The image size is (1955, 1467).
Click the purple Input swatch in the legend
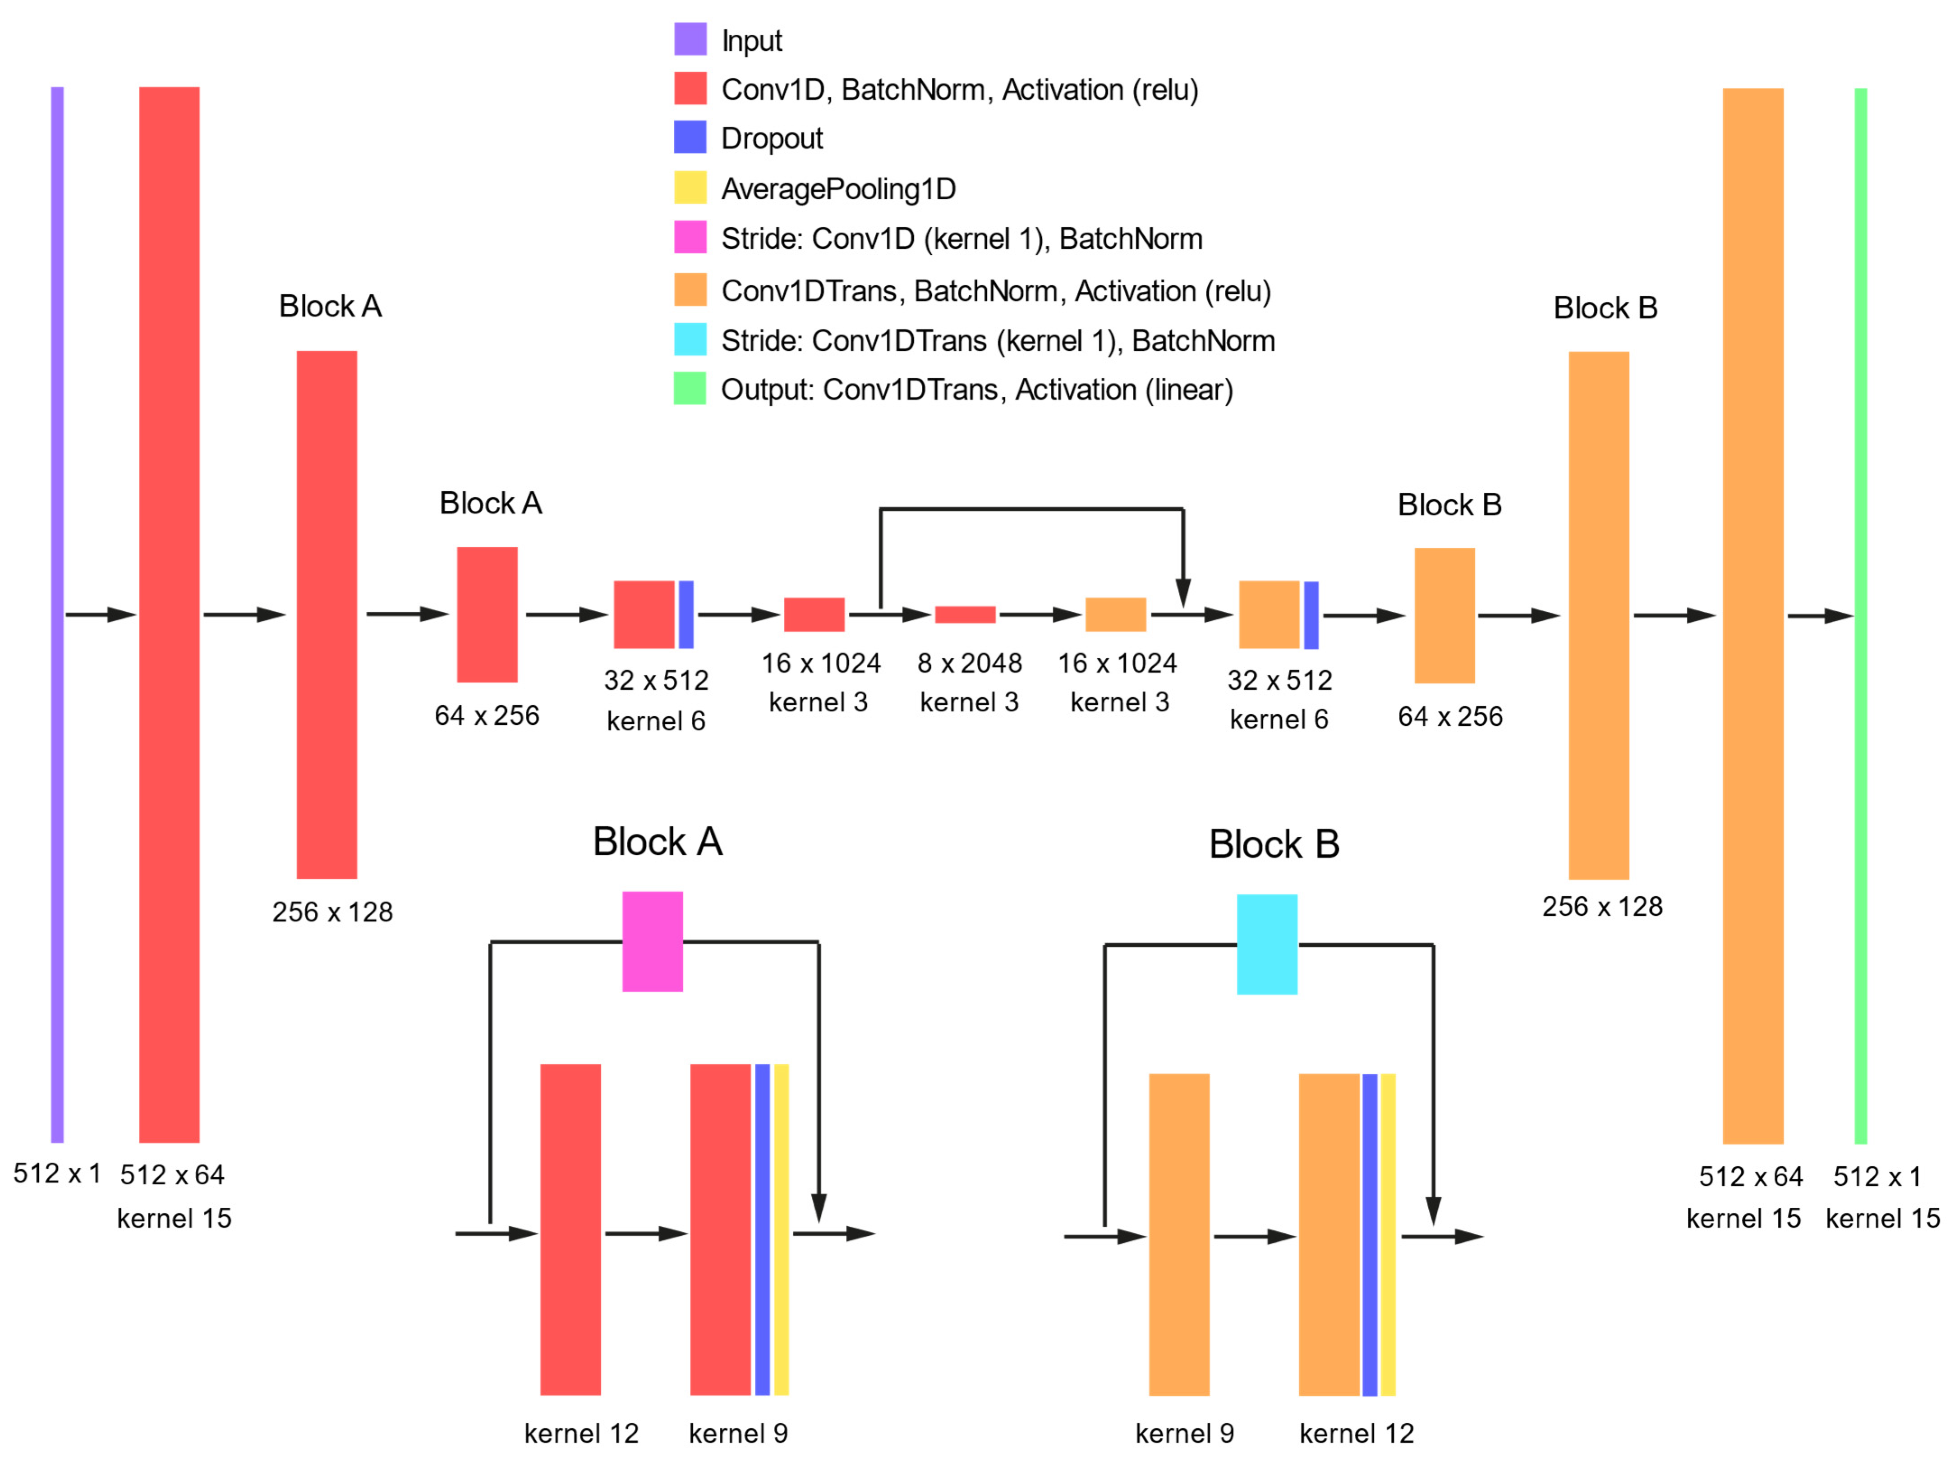click(x=690, y=39)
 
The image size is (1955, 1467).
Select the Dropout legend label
click(x=772, y=139)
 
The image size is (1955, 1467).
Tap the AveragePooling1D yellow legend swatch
click(x=690, y=188)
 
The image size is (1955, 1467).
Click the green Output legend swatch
click(x=690, y=388)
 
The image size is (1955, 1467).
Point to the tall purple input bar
click(x=57, y=614)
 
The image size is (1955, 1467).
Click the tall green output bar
click(x=1860, y=616)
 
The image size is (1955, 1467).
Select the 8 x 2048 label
click(x=970, y=663)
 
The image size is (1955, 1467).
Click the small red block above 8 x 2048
click(x=965, y=614)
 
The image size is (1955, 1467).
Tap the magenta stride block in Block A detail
click(x=652, y=941)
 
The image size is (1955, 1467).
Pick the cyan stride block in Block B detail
click(x=1266, y=944)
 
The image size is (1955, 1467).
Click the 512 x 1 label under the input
click(x=56, y=1174)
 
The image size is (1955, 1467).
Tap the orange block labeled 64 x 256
click(x=1444, y=616)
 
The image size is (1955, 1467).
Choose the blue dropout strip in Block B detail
click(x=1369, y=1234)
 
